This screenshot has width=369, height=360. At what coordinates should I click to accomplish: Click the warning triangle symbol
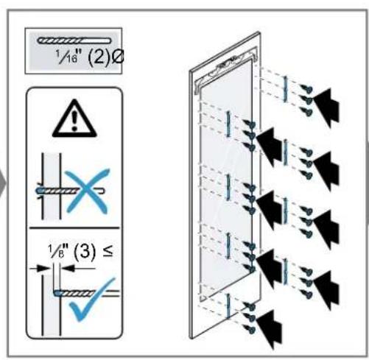coord(74,119)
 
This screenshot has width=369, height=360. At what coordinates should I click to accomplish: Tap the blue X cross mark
coord(87,191)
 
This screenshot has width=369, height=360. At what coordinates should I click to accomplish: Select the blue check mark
coord(92,300)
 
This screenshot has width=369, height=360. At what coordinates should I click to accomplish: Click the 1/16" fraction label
coord(66,57)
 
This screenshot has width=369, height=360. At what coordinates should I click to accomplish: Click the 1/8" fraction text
coord(58,251)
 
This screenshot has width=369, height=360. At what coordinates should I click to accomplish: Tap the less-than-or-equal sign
coord(108,251)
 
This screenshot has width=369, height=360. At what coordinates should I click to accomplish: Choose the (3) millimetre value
coord(85,252)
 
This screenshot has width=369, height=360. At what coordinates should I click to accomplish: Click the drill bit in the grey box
coord(74,40)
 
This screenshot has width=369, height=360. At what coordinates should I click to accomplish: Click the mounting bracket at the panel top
coord(226,69)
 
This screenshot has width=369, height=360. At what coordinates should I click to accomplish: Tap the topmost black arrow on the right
coord(326,106)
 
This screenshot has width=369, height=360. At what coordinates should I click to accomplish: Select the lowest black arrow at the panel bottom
coord(269,328)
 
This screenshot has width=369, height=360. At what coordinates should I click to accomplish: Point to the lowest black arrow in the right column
coord(326,289)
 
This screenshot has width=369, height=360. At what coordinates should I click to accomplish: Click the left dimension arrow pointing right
coord(40,269)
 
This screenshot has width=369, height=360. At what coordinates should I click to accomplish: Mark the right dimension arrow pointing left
coord(78,268)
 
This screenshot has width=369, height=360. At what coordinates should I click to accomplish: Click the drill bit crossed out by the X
coord(71,191)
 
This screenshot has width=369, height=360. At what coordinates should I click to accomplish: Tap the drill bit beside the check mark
coord(86,293)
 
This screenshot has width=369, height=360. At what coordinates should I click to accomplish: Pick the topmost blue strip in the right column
coord(285,89)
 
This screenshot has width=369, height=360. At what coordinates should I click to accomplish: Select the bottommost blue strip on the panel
coord(228,306)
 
